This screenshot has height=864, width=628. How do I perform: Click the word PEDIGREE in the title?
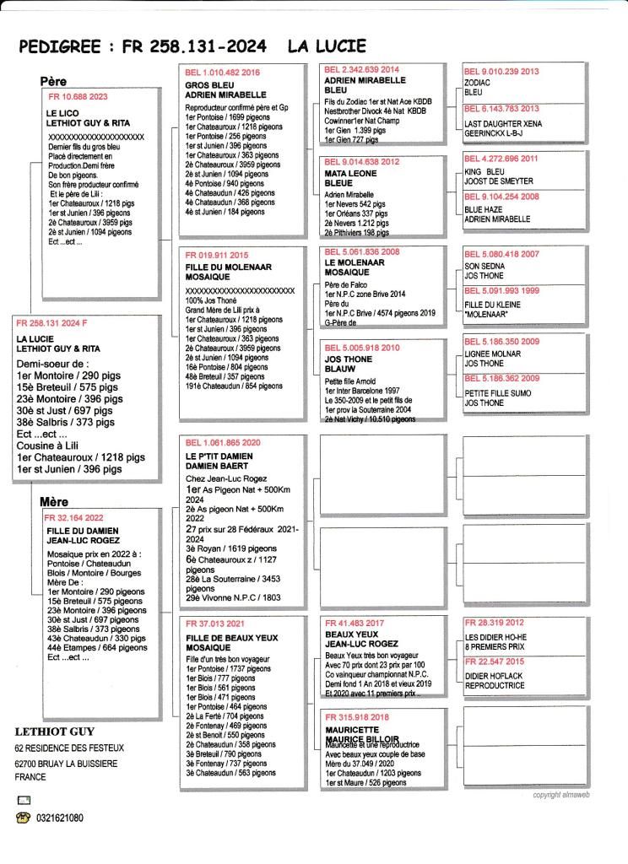point(58,47)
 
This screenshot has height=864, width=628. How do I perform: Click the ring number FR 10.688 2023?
point(78,97)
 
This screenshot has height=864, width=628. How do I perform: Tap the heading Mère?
point(55,501)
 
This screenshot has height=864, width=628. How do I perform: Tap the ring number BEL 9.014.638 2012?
point(362,161)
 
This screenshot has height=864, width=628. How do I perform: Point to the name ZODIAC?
point(479,84)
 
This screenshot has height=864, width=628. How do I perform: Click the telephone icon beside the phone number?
point(22,818)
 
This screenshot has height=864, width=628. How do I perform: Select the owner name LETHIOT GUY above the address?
point(56,732)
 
